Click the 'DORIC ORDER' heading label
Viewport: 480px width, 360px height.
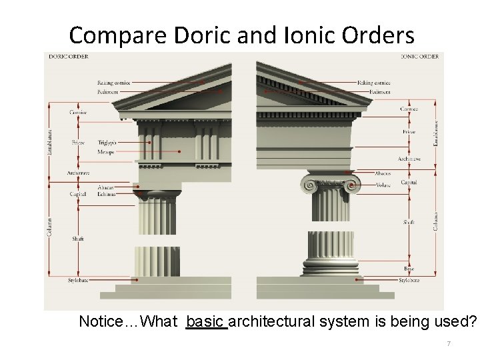coord(65,57)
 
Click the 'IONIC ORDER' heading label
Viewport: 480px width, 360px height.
coord(419,57)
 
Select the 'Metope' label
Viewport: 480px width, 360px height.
coord(105,152)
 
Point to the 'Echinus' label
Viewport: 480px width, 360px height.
coord(105,194)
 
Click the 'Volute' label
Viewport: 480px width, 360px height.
coord(383,185)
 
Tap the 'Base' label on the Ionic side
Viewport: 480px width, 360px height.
coord(409,269)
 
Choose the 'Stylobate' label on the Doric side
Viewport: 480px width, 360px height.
coord(78,281)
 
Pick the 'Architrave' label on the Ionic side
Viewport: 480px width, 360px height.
coord(409,159)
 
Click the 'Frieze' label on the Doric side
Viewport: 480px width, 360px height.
coord(78,143)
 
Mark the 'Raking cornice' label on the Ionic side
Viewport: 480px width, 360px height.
coord(373,83)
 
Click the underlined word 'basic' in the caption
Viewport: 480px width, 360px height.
coord(207,322)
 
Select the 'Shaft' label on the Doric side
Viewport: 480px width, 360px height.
coord(78,238)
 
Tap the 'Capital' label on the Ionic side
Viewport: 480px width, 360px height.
coord(409,182)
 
